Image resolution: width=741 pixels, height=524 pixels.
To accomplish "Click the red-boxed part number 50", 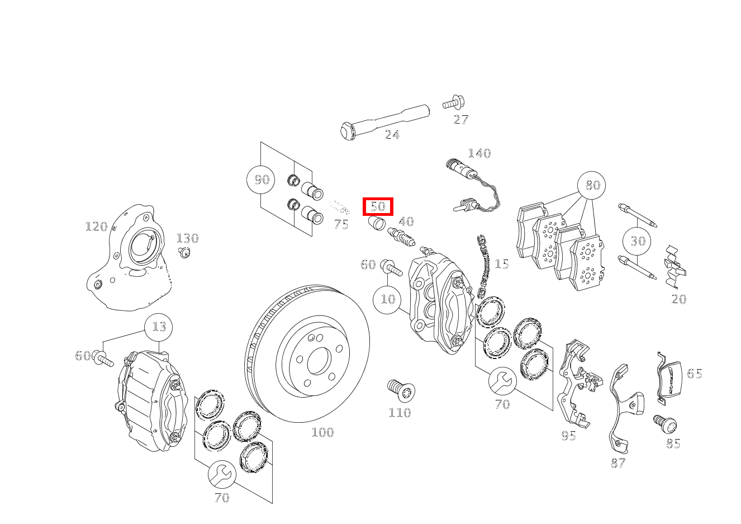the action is point(378,206).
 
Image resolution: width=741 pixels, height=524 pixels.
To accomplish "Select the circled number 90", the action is point(261,180).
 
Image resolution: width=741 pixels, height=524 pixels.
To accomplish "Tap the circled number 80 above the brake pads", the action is point(591,185).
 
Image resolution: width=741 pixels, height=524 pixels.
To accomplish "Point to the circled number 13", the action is point(159,327).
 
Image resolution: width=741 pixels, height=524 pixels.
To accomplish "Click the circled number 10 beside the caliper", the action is point(387,300).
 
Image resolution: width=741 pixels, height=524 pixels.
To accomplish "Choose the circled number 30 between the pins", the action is point(637,240).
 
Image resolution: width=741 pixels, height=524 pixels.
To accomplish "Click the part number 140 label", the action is point(479,153).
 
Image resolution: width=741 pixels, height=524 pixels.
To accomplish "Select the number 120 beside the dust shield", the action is point(96,226).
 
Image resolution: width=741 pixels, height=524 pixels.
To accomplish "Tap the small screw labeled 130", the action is point(184,252).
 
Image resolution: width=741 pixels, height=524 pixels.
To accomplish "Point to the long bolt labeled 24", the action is point(384,122).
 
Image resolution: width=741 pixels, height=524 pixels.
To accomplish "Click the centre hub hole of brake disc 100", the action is point(319,361).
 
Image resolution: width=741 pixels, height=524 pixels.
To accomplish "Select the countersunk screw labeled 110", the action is point(401,391).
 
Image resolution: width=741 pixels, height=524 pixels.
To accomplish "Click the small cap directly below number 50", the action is point(377,224).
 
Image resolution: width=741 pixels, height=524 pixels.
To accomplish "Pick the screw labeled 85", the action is point(665,424).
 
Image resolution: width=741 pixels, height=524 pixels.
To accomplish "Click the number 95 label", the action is point(569,436).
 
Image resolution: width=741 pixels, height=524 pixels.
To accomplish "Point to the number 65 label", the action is point(695,374).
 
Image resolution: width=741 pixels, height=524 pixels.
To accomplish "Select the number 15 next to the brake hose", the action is point(501,264).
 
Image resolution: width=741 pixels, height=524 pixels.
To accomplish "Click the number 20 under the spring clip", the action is point(679,299).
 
